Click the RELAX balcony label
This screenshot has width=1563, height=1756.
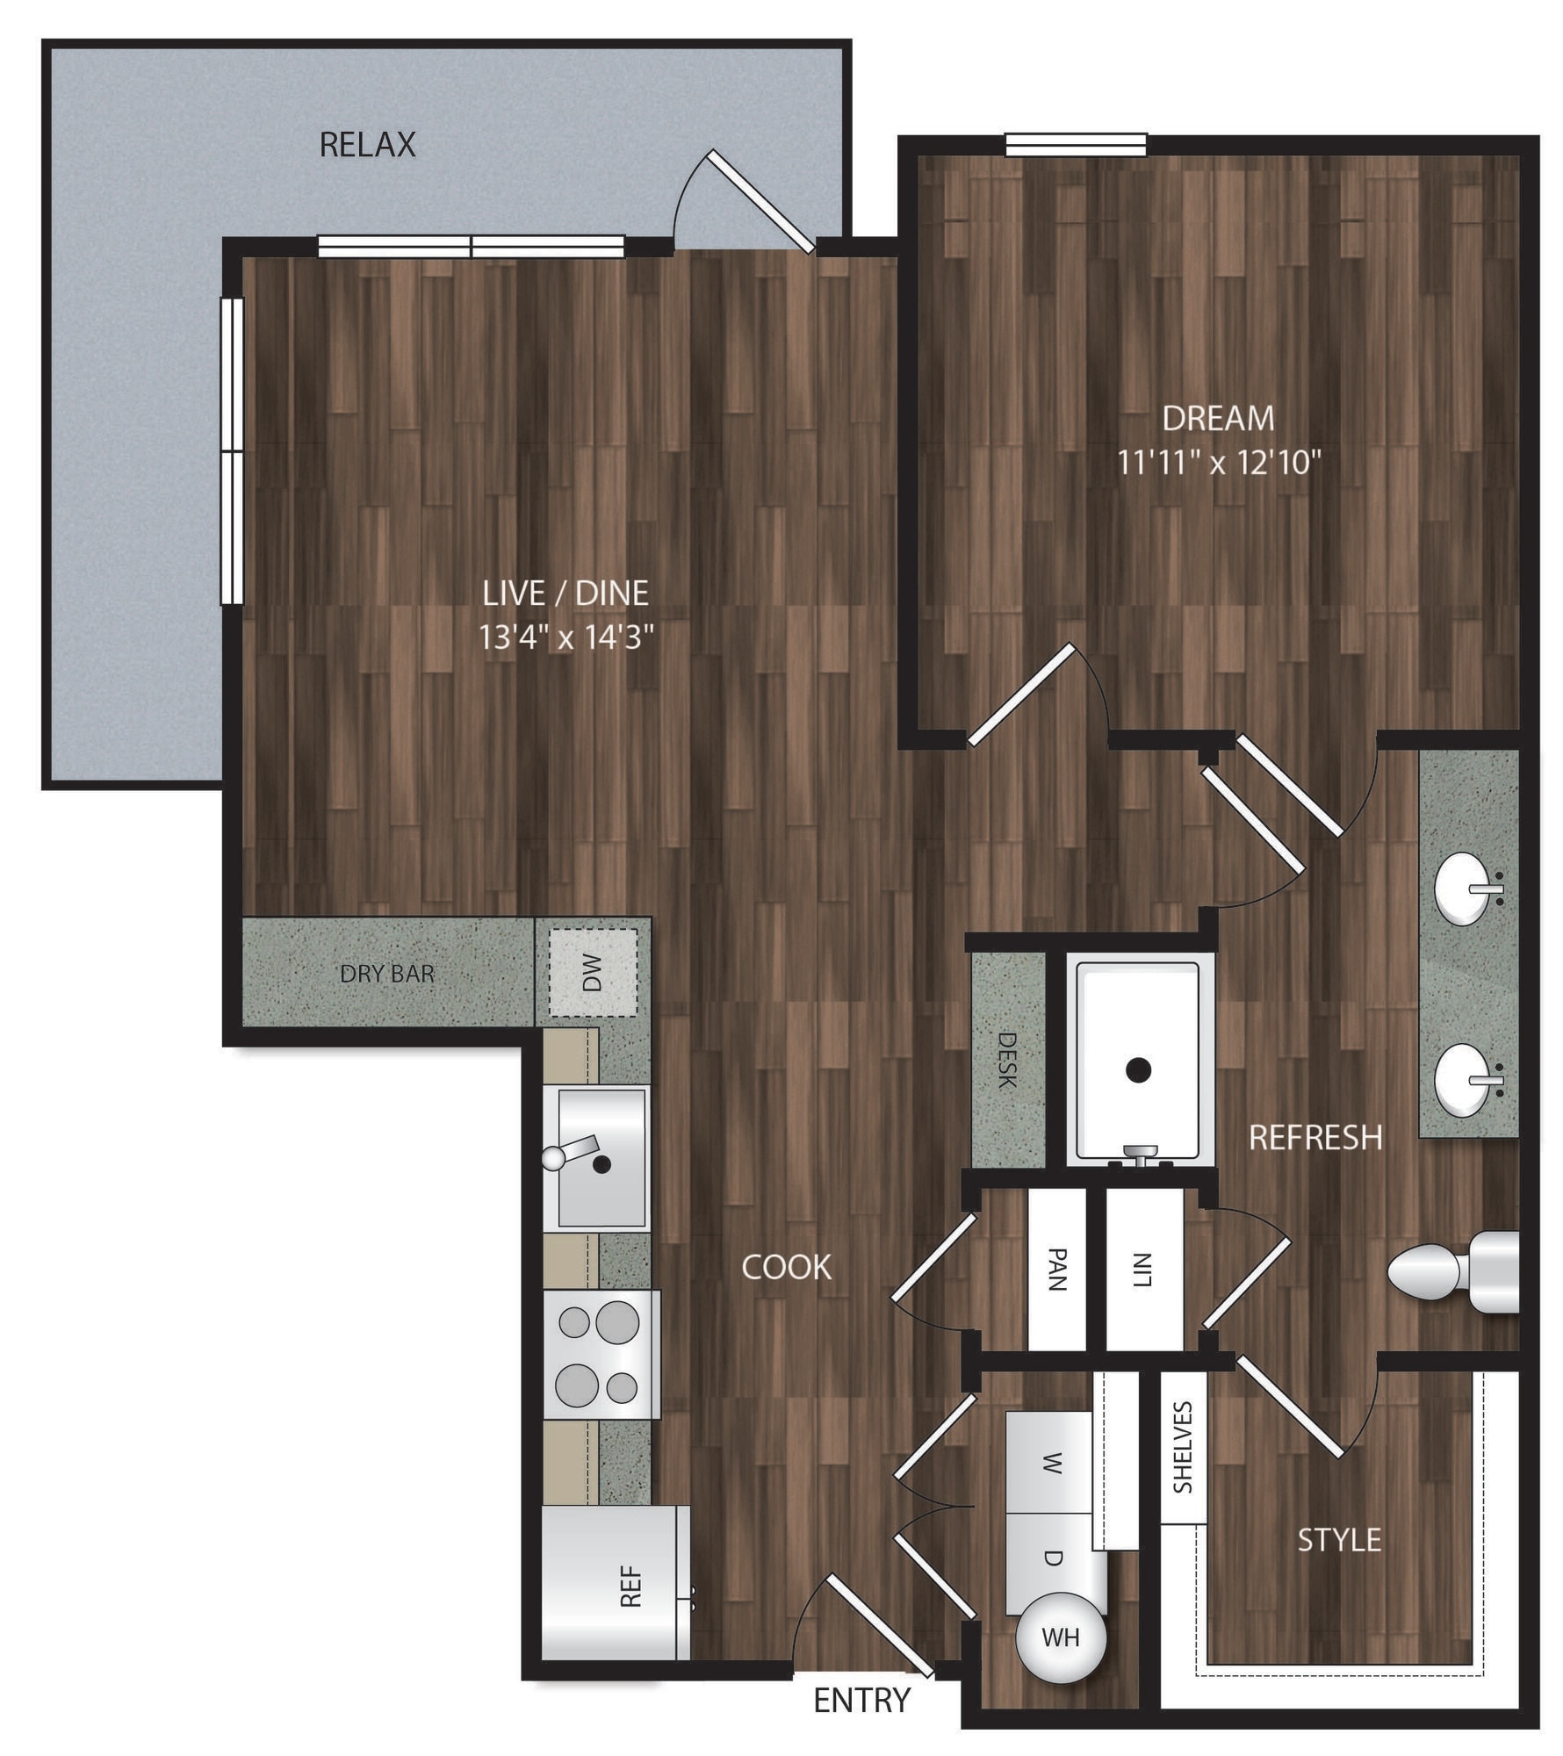click(367, 145)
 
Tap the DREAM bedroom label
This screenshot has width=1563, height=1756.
click(1218, 419)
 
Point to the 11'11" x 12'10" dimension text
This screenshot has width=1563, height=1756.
click(1219, 463)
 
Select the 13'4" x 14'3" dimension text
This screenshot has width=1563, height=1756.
click(566, 637)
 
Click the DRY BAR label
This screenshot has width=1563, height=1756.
click(387, 973)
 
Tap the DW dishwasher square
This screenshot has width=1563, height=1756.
click(593, 972)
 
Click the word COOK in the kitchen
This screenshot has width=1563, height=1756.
click(786, 1267)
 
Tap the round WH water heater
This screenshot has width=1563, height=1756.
click(1060, 1636)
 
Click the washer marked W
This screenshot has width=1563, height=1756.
click(1050, 1463)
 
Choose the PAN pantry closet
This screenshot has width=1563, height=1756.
click(1056, 1270)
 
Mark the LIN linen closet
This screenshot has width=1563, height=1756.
click(1143, 1270)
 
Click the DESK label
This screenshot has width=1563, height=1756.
click(1008, 1061)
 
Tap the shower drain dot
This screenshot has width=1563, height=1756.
click(1139, 1069)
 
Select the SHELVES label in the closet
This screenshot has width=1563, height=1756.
click(1184, 1448)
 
